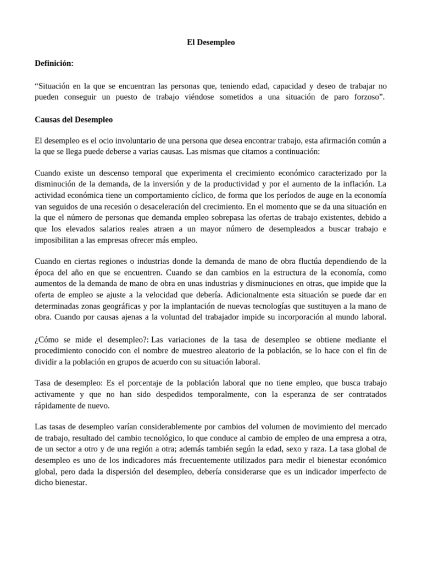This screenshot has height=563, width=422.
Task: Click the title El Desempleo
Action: (211, 42)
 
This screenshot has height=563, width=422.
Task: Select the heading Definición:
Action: (54, 64)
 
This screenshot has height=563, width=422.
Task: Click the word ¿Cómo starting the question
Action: (48, 339)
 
